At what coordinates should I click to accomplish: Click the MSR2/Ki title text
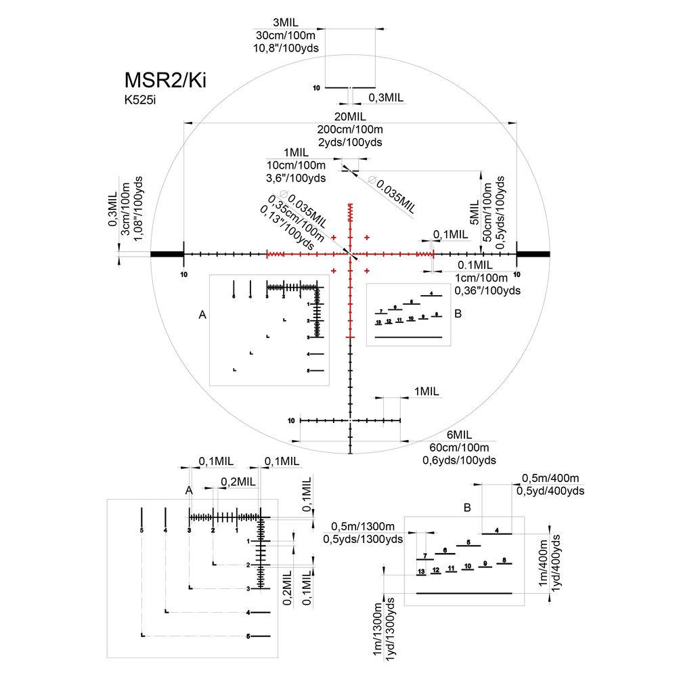165,80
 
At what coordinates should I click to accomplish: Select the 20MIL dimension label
349,116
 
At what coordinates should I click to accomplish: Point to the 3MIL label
287,22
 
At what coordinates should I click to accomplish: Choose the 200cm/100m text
349,129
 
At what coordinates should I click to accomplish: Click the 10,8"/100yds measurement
287,48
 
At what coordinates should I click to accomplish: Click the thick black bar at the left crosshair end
167,254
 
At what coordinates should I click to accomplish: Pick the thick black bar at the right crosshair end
533,254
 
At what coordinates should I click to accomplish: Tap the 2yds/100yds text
349,142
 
